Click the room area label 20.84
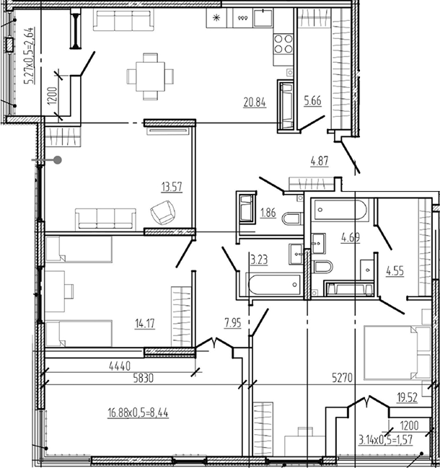(255, 102)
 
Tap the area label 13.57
(172, 187)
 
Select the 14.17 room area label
(145, 323)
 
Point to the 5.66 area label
(313, 101)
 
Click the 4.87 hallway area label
(320, 162)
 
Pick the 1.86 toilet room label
(268, 213)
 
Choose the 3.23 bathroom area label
(259, 260)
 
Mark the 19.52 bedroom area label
(407, 397)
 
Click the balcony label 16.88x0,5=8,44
(138, 413)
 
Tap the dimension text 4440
(120, 366)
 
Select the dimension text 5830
(144, 378)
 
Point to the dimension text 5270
(343, 378)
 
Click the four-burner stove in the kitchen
(283, 43)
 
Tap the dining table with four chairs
(150, 76)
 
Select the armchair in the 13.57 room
(163, 213)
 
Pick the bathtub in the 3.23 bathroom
(273, 285)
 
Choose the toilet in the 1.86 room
(293, 218)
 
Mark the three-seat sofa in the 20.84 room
(123, 19)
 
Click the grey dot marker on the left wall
(58, 160)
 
